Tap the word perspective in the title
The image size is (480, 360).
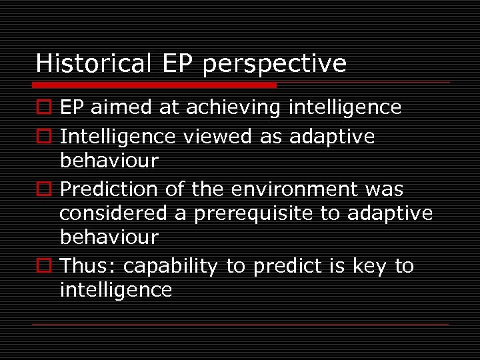click(x=274, y=65)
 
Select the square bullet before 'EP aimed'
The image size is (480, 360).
click(x=43, y=108)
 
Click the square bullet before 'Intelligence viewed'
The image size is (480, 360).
click(x=43, y=137)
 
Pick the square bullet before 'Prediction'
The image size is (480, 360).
click(x=43, y=190)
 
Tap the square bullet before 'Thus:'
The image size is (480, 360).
click(x=43, y=267)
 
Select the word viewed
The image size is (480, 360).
click(x=213, y=137)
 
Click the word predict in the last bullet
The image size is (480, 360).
click(x=287, y=266)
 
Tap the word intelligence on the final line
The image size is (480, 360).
click(x=116, y=290)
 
